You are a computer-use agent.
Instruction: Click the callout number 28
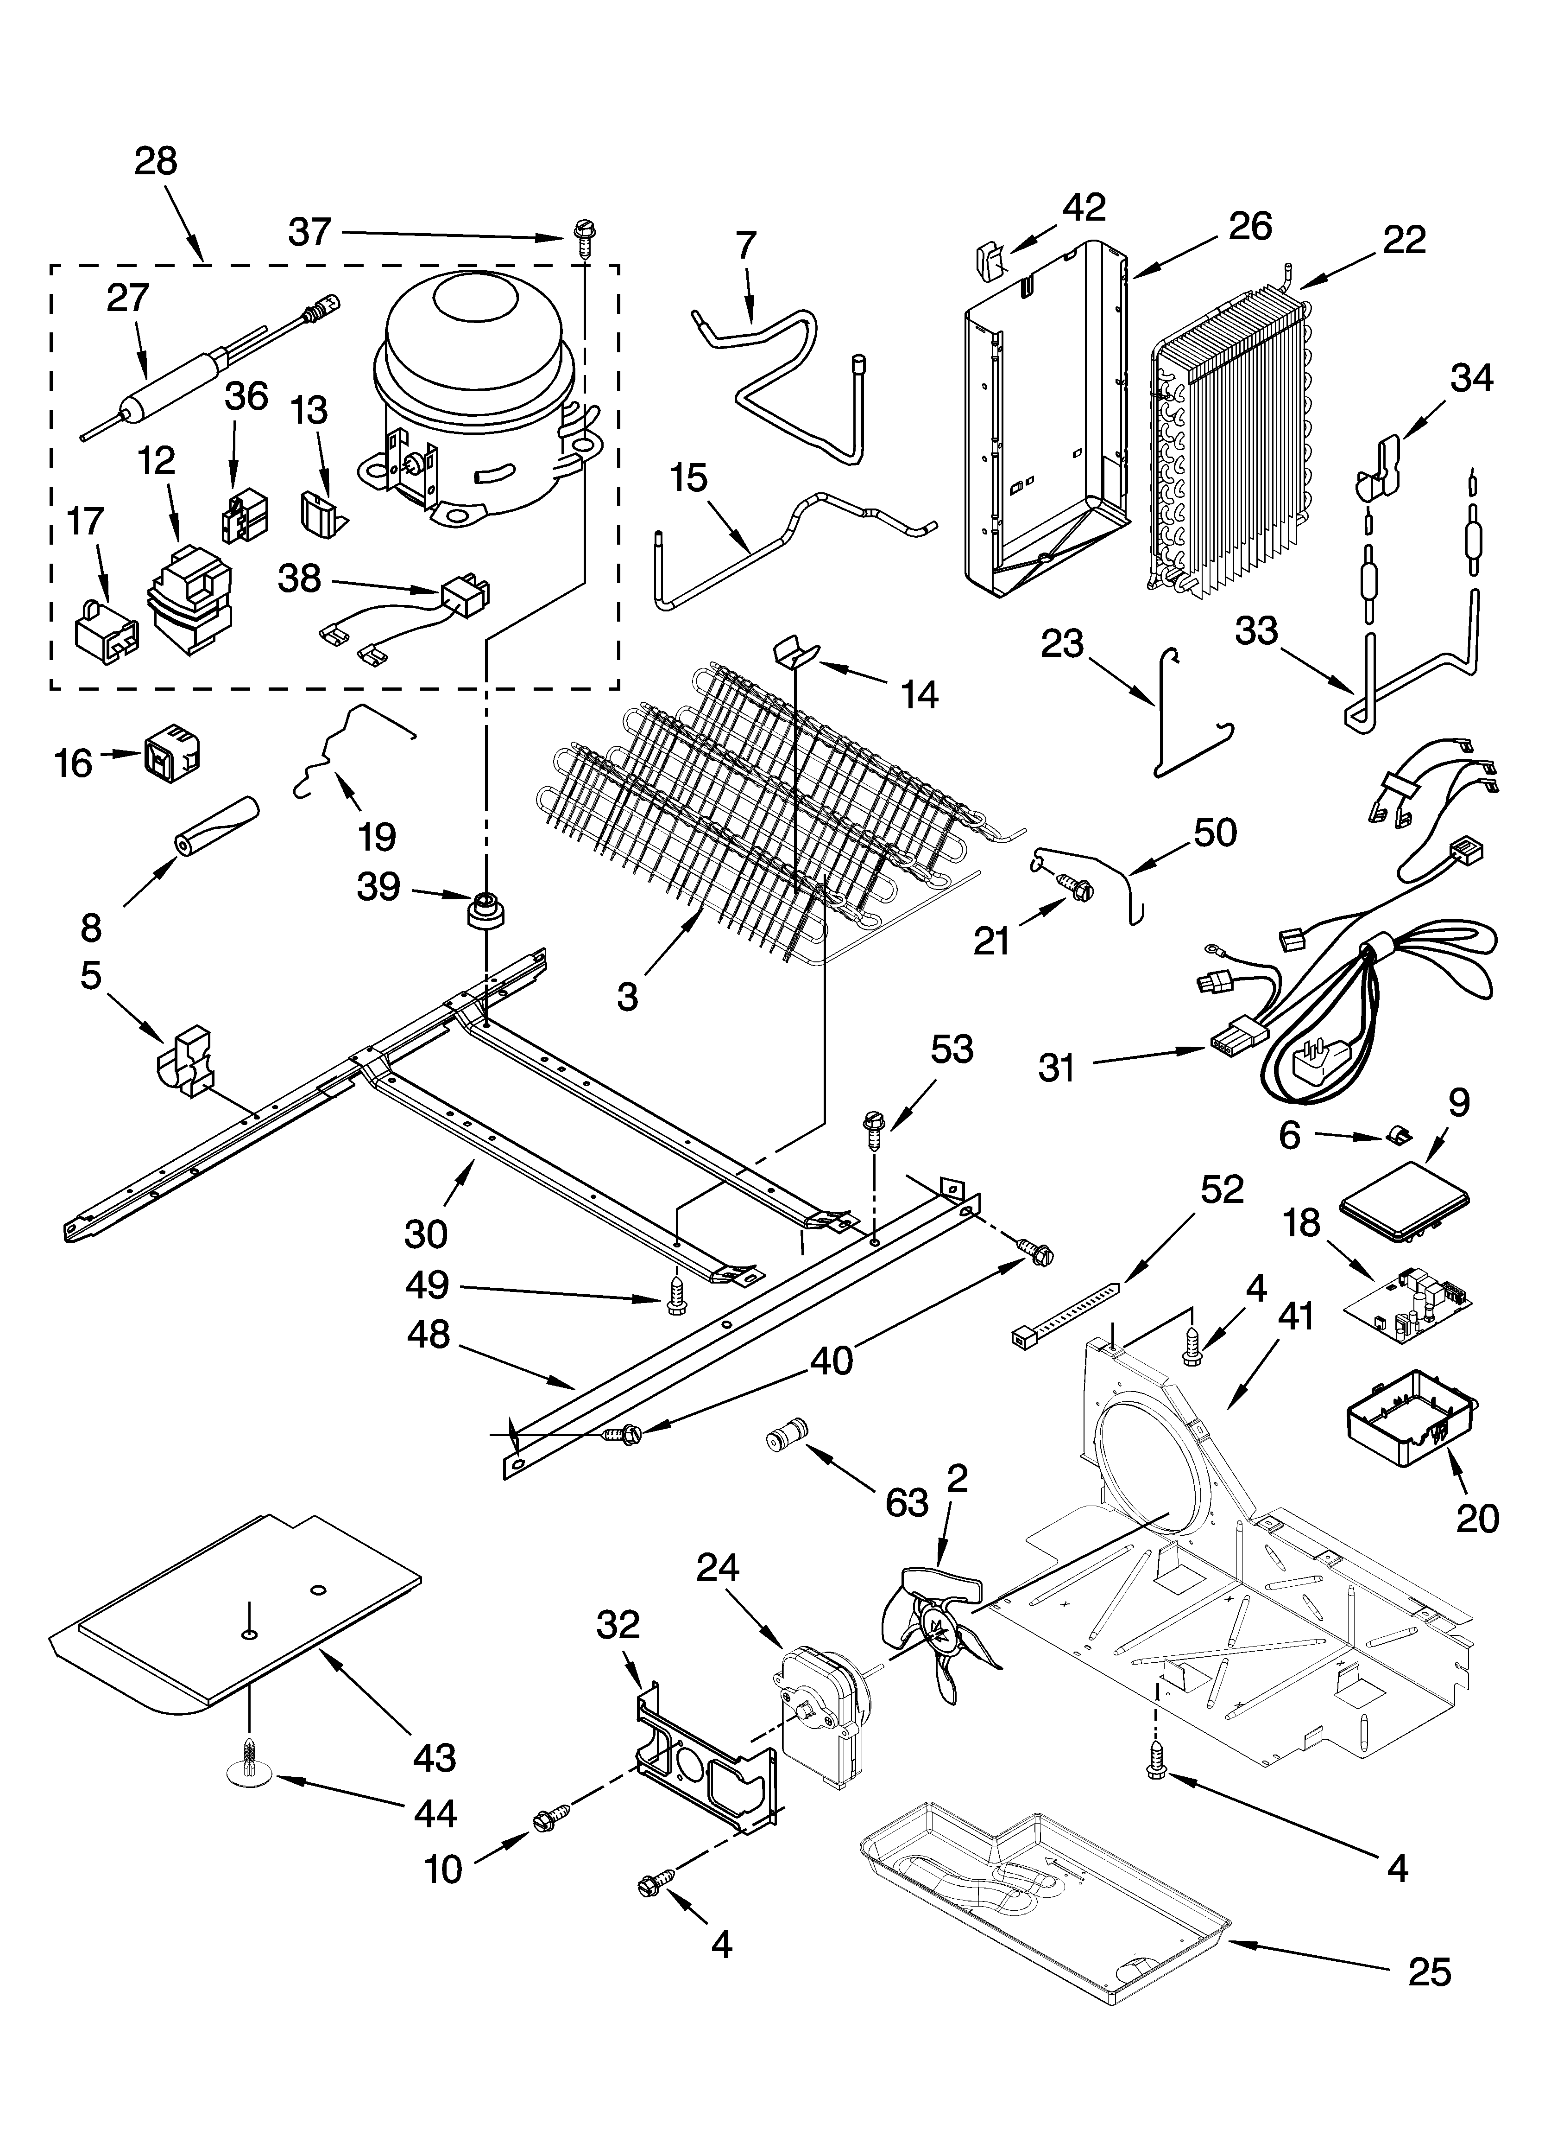156,162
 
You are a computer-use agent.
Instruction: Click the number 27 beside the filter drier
127,299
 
